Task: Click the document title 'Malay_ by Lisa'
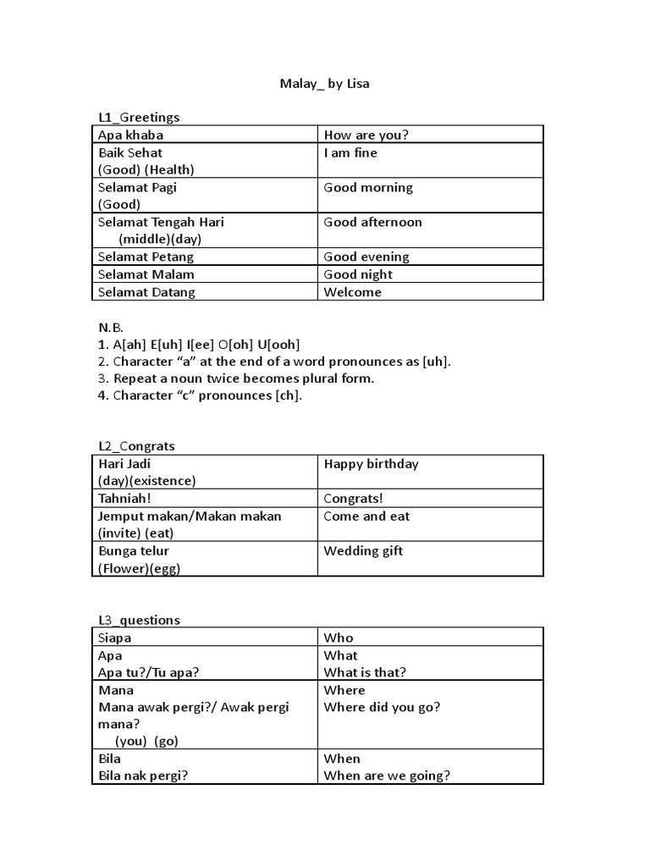pos(324,85)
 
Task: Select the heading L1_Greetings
pos(139,118)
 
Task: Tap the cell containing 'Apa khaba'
pos(131,135)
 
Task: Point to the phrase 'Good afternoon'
pos(372,222)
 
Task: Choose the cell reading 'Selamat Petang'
pos(146,257)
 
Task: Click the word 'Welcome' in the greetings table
pos(352,292)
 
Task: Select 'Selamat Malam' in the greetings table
pos(146,274)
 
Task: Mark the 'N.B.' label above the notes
pos(111,327)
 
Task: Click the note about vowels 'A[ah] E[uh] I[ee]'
pos(199,345)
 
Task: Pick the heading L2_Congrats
pos(136,446)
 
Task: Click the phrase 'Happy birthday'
pos(371,464)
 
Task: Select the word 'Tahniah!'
pos(124,499)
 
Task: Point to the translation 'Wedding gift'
pos(363,551)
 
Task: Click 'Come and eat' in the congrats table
pos(366,516)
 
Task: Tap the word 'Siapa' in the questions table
pos(115,638)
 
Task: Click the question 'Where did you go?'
pos(382,707)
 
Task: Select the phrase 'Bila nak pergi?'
pos(143,776)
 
